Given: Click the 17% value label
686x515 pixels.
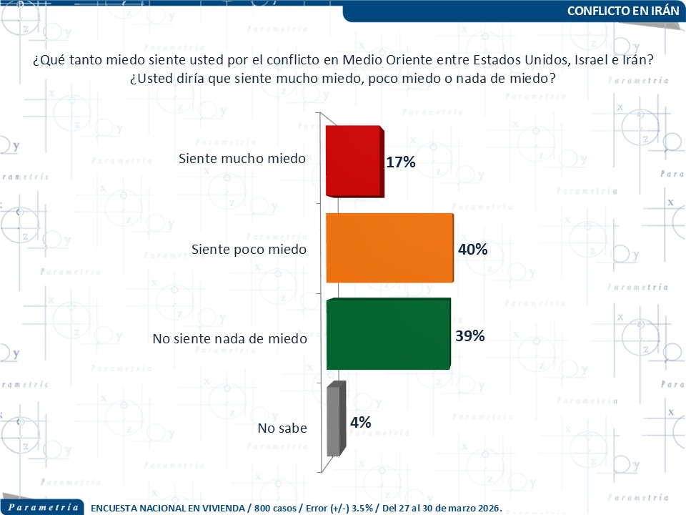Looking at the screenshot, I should [400, 162].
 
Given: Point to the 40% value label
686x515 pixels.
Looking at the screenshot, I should [472, 250].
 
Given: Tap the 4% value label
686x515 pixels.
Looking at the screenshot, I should [360, 423].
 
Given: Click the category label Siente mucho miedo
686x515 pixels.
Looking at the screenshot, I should [242, 158].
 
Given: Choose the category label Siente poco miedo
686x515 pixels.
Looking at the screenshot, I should [249, 250].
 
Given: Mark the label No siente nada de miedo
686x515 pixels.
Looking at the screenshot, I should [229, 338].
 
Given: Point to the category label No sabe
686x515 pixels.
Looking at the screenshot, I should [282, 429].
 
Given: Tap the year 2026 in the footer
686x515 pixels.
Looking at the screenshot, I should [485, 508].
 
